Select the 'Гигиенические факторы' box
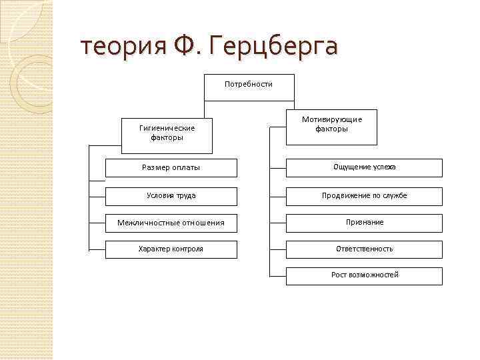pyautogui.click(x=167, y=133)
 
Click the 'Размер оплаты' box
pyautogui.click(x=171, y=168)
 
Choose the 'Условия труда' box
pyautogui.click(x=171, y=196)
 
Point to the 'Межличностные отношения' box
pyautogui.click(x=171, y=223)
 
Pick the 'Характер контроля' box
pyautogui.click(x=171, y=249)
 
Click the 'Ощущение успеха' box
pyautogui.click(x=365, y=167)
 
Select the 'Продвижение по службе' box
pyautogui.click(x=365, y=196)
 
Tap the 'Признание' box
pyautogui.click(x=365, y=222)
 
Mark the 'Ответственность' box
pyautogui.click(x=365, y=249)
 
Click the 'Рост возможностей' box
pyautogui.click(x=365, y=275)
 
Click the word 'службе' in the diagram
pyautogui.click(x=394, y=196)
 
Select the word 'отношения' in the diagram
pyautogui.click(x=203, y=223)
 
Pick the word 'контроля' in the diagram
pyautogui.click(x=187, y=249)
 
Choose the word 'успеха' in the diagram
pyautogui.click(x=383, y=167)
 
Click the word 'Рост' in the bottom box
pyautogui.click(x=339, y=275)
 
